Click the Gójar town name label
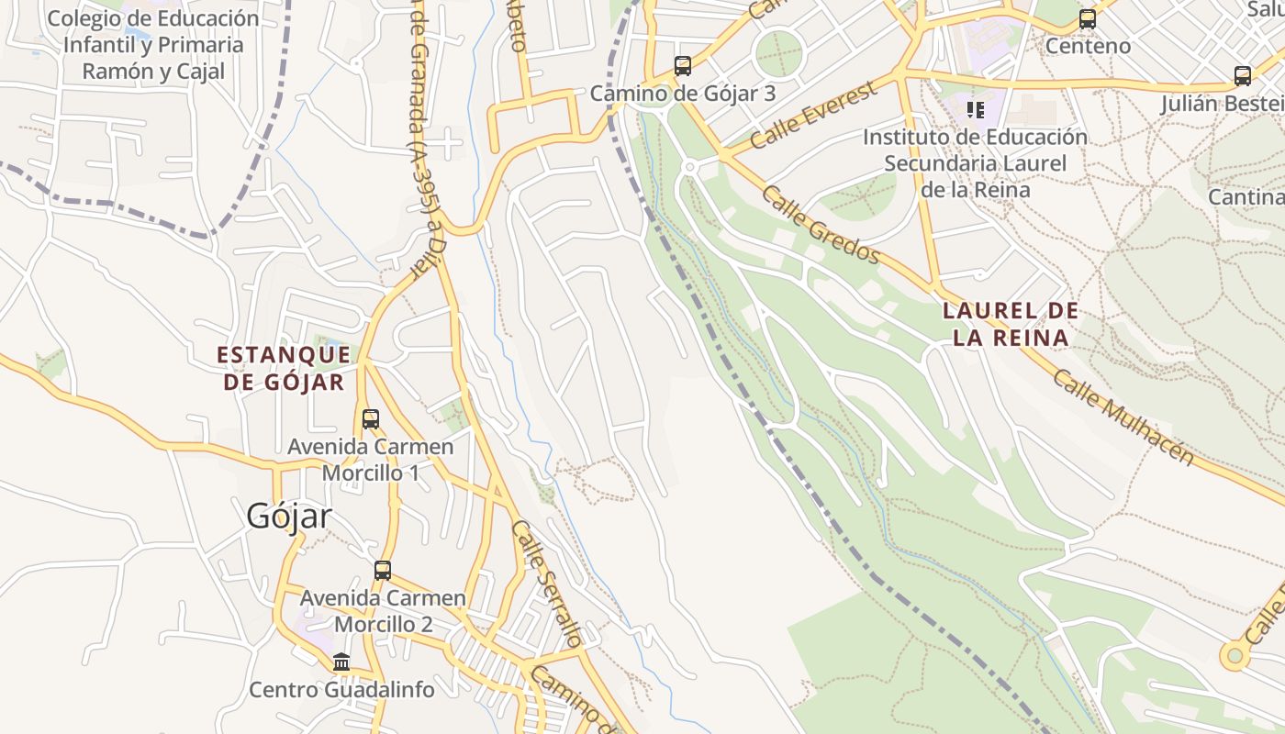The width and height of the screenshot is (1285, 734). click(288, 516)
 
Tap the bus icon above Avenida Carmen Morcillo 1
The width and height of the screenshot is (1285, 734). click(371, 419)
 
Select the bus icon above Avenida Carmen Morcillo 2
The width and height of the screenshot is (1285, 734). click(383, 570)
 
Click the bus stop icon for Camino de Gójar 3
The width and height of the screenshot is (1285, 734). click(683, 66)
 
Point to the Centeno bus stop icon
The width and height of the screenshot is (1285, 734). click(1088, 18)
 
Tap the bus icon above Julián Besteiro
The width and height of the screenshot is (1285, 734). click(1243, 76)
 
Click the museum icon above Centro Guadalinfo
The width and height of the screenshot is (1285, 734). click(341, 662)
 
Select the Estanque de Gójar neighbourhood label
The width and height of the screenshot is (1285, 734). click(284, 368)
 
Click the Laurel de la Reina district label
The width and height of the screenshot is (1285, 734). click(1011, 324)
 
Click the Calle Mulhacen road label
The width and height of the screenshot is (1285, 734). click(1123, 417)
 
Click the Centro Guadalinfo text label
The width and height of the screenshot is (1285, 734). click(342, 689)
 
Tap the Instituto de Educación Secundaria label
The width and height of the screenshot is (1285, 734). click(975, 163)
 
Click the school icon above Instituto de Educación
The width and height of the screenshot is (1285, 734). click(976, 110)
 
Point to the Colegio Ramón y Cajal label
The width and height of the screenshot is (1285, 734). click(153, 44)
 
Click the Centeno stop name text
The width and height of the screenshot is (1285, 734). click(1088, 46)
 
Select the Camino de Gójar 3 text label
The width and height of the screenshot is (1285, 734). click(683, 93)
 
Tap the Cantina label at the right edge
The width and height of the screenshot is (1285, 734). click(1246, 196)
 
